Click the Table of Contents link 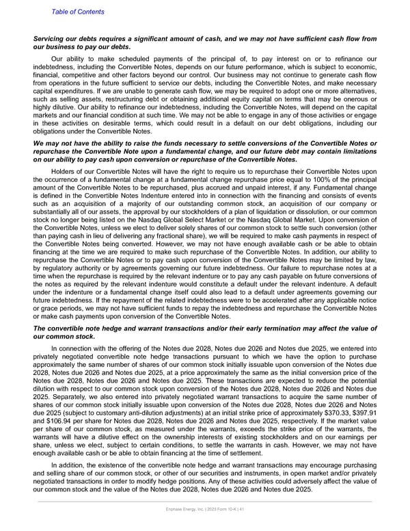[x=78, y=12]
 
